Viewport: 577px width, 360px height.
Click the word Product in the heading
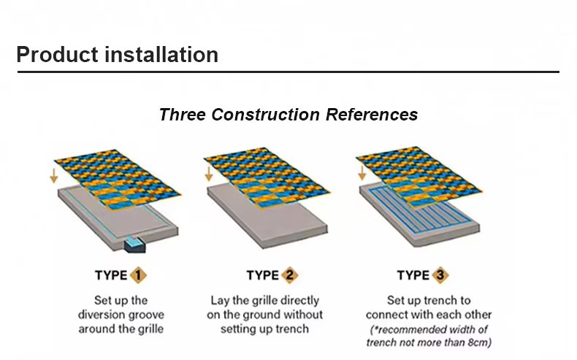(58, 55)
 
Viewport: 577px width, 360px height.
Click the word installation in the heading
(161, 55)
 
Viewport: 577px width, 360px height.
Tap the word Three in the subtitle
(182, 115)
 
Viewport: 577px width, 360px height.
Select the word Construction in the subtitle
(265, 115)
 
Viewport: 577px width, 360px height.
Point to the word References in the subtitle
(372, 115)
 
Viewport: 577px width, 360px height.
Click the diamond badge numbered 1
(138, 275)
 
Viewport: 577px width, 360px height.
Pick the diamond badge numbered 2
(290, 275)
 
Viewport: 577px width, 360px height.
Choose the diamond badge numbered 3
(440, 275)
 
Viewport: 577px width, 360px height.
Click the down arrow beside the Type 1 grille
(54, 175)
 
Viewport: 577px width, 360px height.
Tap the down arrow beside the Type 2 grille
(209, 174)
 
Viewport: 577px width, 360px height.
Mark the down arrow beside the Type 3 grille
(362, 173)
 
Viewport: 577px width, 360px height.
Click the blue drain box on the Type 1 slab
(134, 245)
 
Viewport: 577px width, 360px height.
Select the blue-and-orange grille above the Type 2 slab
(267, 178)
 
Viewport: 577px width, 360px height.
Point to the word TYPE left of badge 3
(413, 275)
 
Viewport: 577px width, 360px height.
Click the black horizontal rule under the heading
(288, 72)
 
